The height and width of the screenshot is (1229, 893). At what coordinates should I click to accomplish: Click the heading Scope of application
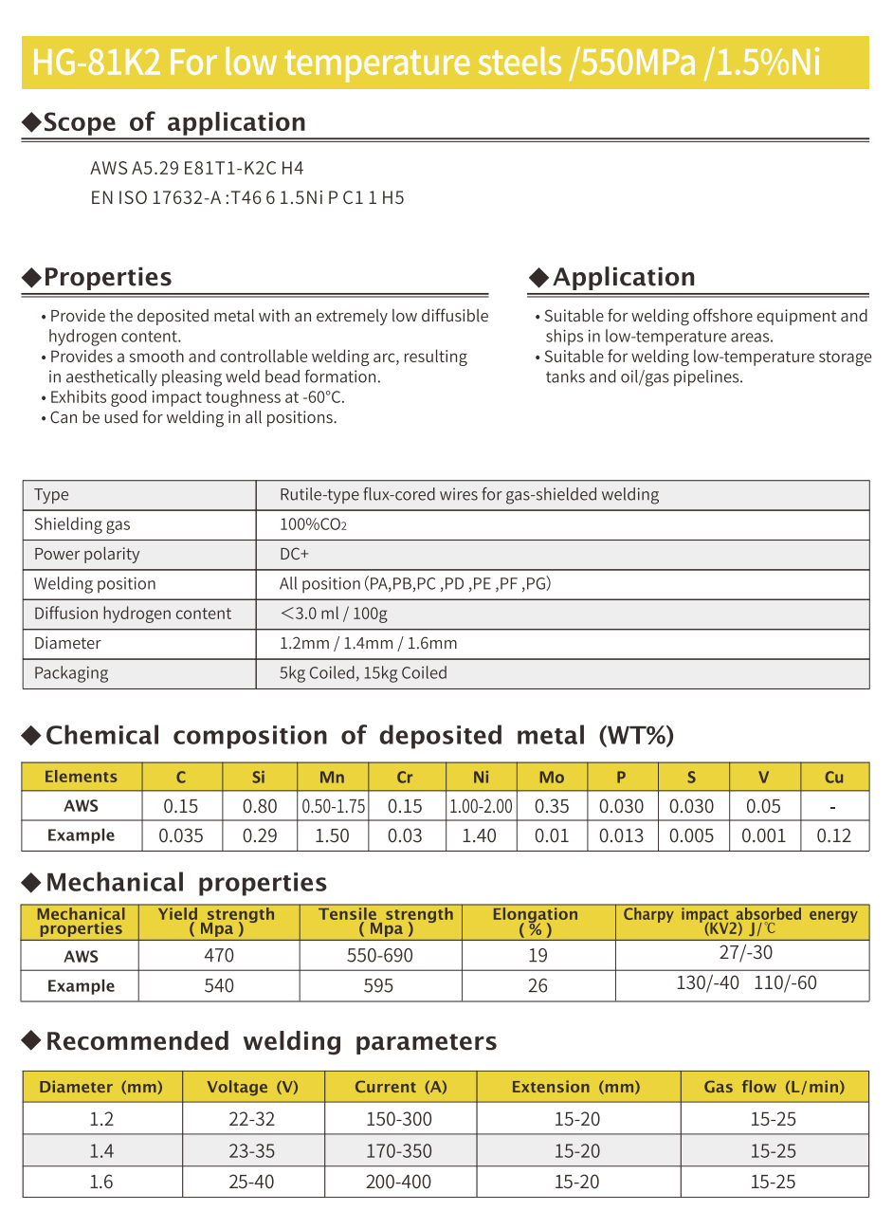173,122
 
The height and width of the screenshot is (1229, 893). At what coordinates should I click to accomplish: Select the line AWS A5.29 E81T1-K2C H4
196,168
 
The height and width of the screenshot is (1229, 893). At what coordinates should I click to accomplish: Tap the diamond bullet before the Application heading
538,277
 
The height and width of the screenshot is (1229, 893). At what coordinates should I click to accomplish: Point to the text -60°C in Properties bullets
322,397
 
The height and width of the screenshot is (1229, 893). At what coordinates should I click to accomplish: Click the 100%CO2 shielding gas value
313,524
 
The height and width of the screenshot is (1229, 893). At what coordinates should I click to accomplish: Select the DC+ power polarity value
294,554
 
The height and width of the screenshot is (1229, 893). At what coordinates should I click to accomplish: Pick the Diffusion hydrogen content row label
133,614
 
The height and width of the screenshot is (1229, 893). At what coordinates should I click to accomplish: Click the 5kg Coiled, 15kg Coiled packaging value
363,673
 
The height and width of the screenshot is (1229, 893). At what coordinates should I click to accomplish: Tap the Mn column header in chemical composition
332,778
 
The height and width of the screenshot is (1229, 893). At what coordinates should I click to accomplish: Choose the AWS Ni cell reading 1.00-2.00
481,807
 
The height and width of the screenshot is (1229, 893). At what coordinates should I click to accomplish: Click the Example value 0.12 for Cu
834,836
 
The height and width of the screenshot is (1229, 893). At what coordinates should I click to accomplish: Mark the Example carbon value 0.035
181,836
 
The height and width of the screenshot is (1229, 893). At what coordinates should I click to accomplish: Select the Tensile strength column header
386,921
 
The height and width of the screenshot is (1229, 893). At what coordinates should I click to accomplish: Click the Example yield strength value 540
219,986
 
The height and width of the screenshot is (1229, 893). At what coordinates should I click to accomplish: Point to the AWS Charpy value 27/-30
745,953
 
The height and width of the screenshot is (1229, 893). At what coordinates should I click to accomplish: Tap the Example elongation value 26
538,986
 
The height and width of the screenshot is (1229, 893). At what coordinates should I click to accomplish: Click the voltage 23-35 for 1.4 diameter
252,1151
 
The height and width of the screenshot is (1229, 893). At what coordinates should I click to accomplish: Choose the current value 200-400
399,1183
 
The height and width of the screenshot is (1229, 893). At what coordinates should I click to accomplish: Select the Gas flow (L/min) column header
774,1087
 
